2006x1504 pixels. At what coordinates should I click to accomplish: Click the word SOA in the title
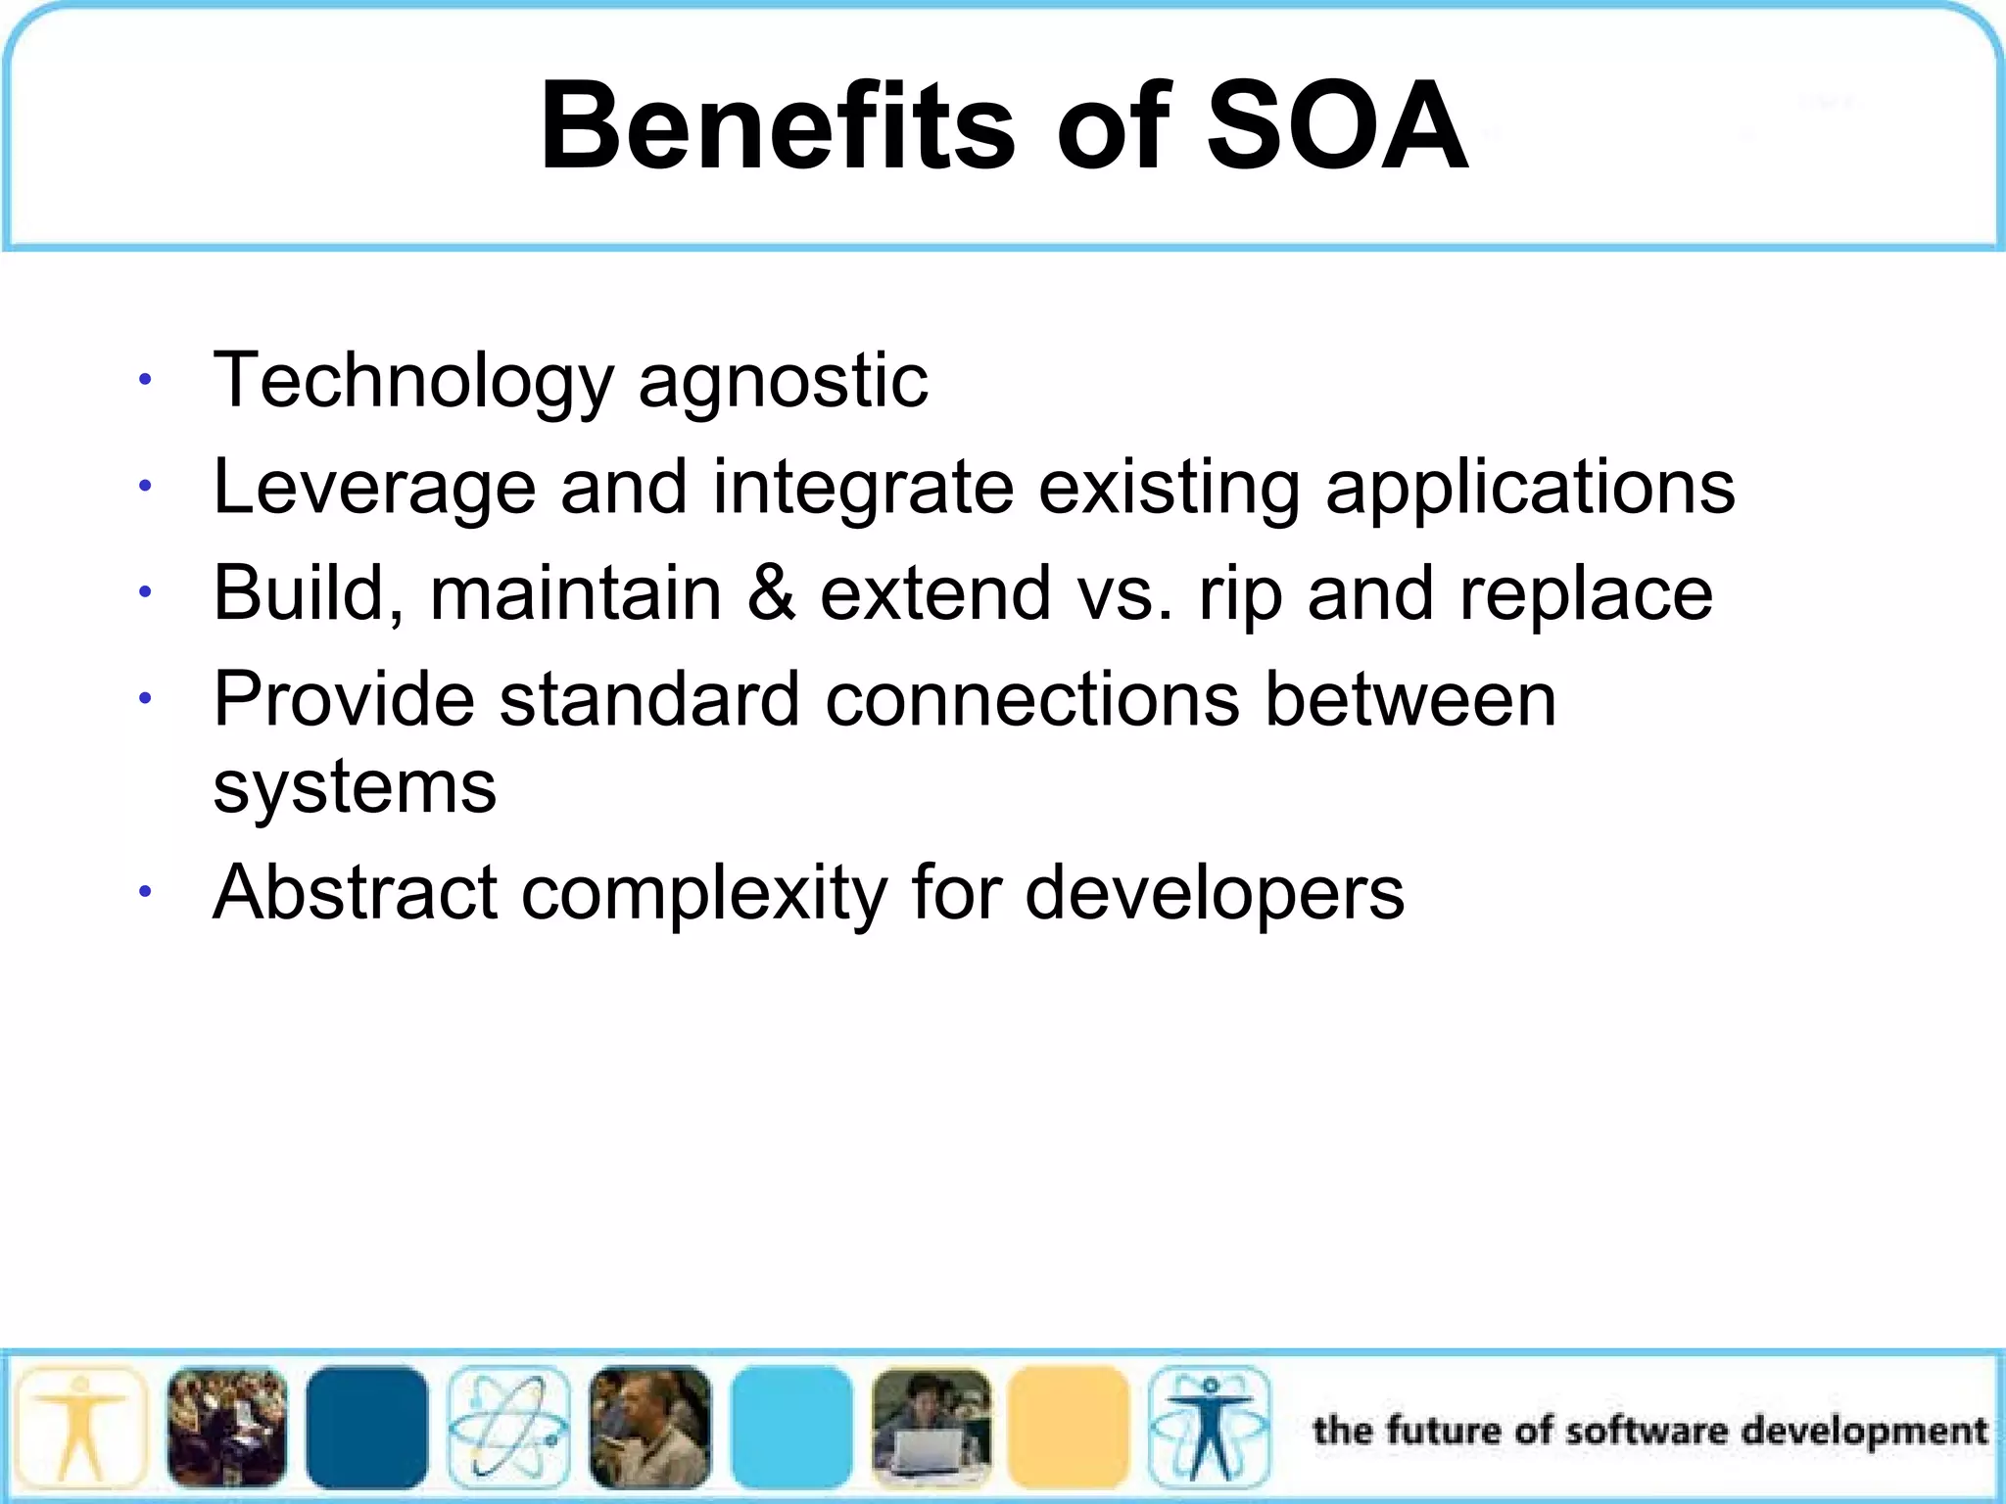(x=1337, y=127)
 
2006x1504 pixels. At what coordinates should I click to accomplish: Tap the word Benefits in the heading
(x=779, y=127)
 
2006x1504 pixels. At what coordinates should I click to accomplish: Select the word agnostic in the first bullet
(x=783, y=382)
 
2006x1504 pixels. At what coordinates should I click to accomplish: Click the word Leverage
(x=374, y=488)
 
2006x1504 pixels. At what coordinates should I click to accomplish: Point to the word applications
(x=1530, y=488)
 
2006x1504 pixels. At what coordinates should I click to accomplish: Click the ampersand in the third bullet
(x=771, y=593)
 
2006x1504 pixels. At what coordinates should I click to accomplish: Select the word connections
(x=1032, y=700)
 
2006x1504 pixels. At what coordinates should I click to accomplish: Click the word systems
(x=355, y=788)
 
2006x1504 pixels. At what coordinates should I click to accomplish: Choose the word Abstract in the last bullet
(x=355, y=893)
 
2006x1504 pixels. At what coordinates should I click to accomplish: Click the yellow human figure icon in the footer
(x=81, y=1428)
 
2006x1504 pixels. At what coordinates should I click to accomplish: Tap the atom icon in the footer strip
(x=508, y=1428)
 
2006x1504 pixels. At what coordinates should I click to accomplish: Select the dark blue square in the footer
(x=366, y=1428)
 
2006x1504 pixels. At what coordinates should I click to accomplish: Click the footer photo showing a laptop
(x=931, y=1428)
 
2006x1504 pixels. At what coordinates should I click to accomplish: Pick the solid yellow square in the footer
(x=1069, y=1428)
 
